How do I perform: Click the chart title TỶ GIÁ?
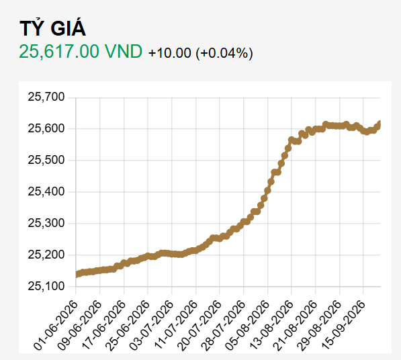click(x=52, y=28)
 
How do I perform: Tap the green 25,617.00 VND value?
click(x=81, y=52)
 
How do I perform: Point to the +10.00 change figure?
click(x=169, y=53)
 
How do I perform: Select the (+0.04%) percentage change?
click(x=224, y=53)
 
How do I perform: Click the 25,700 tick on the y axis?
click(x=46, y=97)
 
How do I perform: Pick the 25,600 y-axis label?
click(x=46, y=128)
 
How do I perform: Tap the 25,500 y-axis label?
click(x=46, y=160)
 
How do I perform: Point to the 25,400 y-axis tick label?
click(x=46, y=191)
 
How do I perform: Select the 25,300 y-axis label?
click(x=46, y=223)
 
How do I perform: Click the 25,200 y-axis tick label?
click(x=46, y=255)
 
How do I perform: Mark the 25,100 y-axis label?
click(x=46, y=286)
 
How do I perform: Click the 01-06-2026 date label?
click(x=56, y=325)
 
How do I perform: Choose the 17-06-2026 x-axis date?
click(x=104, y=325)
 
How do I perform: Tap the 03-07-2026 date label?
click(x=152, y=325)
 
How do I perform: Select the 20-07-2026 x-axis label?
click(x=199, y=325)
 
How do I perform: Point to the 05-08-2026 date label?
click(x=248, y=325)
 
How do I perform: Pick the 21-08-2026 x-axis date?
click(x=295, y=325)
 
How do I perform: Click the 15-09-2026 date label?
click(x=343, y=325)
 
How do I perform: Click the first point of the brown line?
click(x=76, y=275)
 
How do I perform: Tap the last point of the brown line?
click(x=380, y=124)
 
